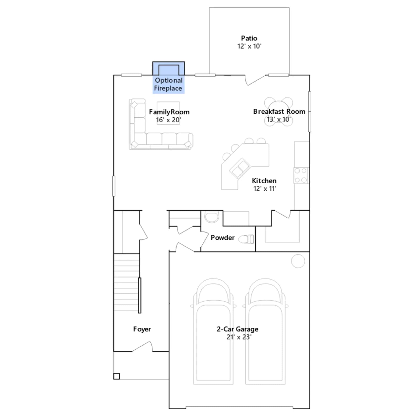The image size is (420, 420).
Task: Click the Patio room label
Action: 249,38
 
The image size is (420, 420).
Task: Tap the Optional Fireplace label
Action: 168,84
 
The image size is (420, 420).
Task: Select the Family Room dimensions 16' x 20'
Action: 169,120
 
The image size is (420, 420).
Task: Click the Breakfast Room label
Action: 279,112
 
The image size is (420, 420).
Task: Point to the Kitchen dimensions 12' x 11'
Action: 265,189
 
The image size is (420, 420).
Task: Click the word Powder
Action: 223,238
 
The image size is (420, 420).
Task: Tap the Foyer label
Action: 142,329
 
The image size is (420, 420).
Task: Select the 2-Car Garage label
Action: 238,329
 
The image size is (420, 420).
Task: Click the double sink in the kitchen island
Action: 240,168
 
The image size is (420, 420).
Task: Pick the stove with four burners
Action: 301,175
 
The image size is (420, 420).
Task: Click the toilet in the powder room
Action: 246,239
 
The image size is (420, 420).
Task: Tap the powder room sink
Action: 212,217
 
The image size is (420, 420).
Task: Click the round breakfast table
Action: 279,112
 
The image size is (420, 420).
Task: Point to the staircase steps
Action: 127,282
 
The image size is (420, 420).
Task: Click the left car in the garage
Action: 213,331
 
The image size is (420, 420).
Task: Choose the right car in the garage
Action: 265,331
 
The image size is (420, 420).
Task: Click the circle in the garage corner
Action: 298,261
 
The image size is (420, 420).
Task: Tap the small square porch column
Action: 117,376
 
